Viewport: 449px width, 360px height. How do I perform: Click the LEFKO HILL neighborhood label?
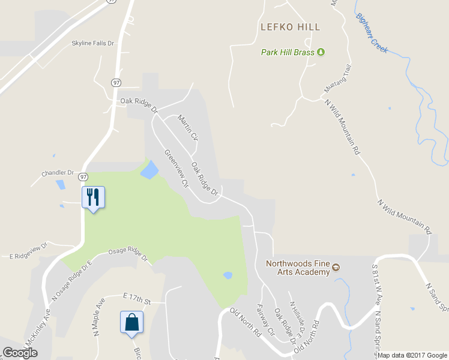[290, 27]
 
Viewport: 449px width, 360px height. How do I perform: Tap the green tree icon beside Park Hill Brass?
[321, 52]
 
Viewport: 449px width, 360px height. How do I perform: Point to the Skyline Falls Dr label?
[92, 43]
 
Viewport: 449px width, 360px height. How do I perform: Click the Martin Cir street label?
[188, 128]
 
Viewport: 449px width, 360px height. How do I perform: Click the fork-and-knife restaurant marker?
[93, 197]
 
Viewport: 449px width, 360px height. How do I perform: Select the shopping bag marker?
[132, 322]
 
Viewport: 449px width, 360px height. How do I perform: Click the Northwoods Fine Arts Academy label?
[298, 268]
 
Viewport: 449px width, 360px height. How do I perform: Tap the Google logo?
[20, 353]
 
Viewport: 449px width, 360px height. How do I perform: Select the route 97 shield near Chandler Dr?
[83, 176]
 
